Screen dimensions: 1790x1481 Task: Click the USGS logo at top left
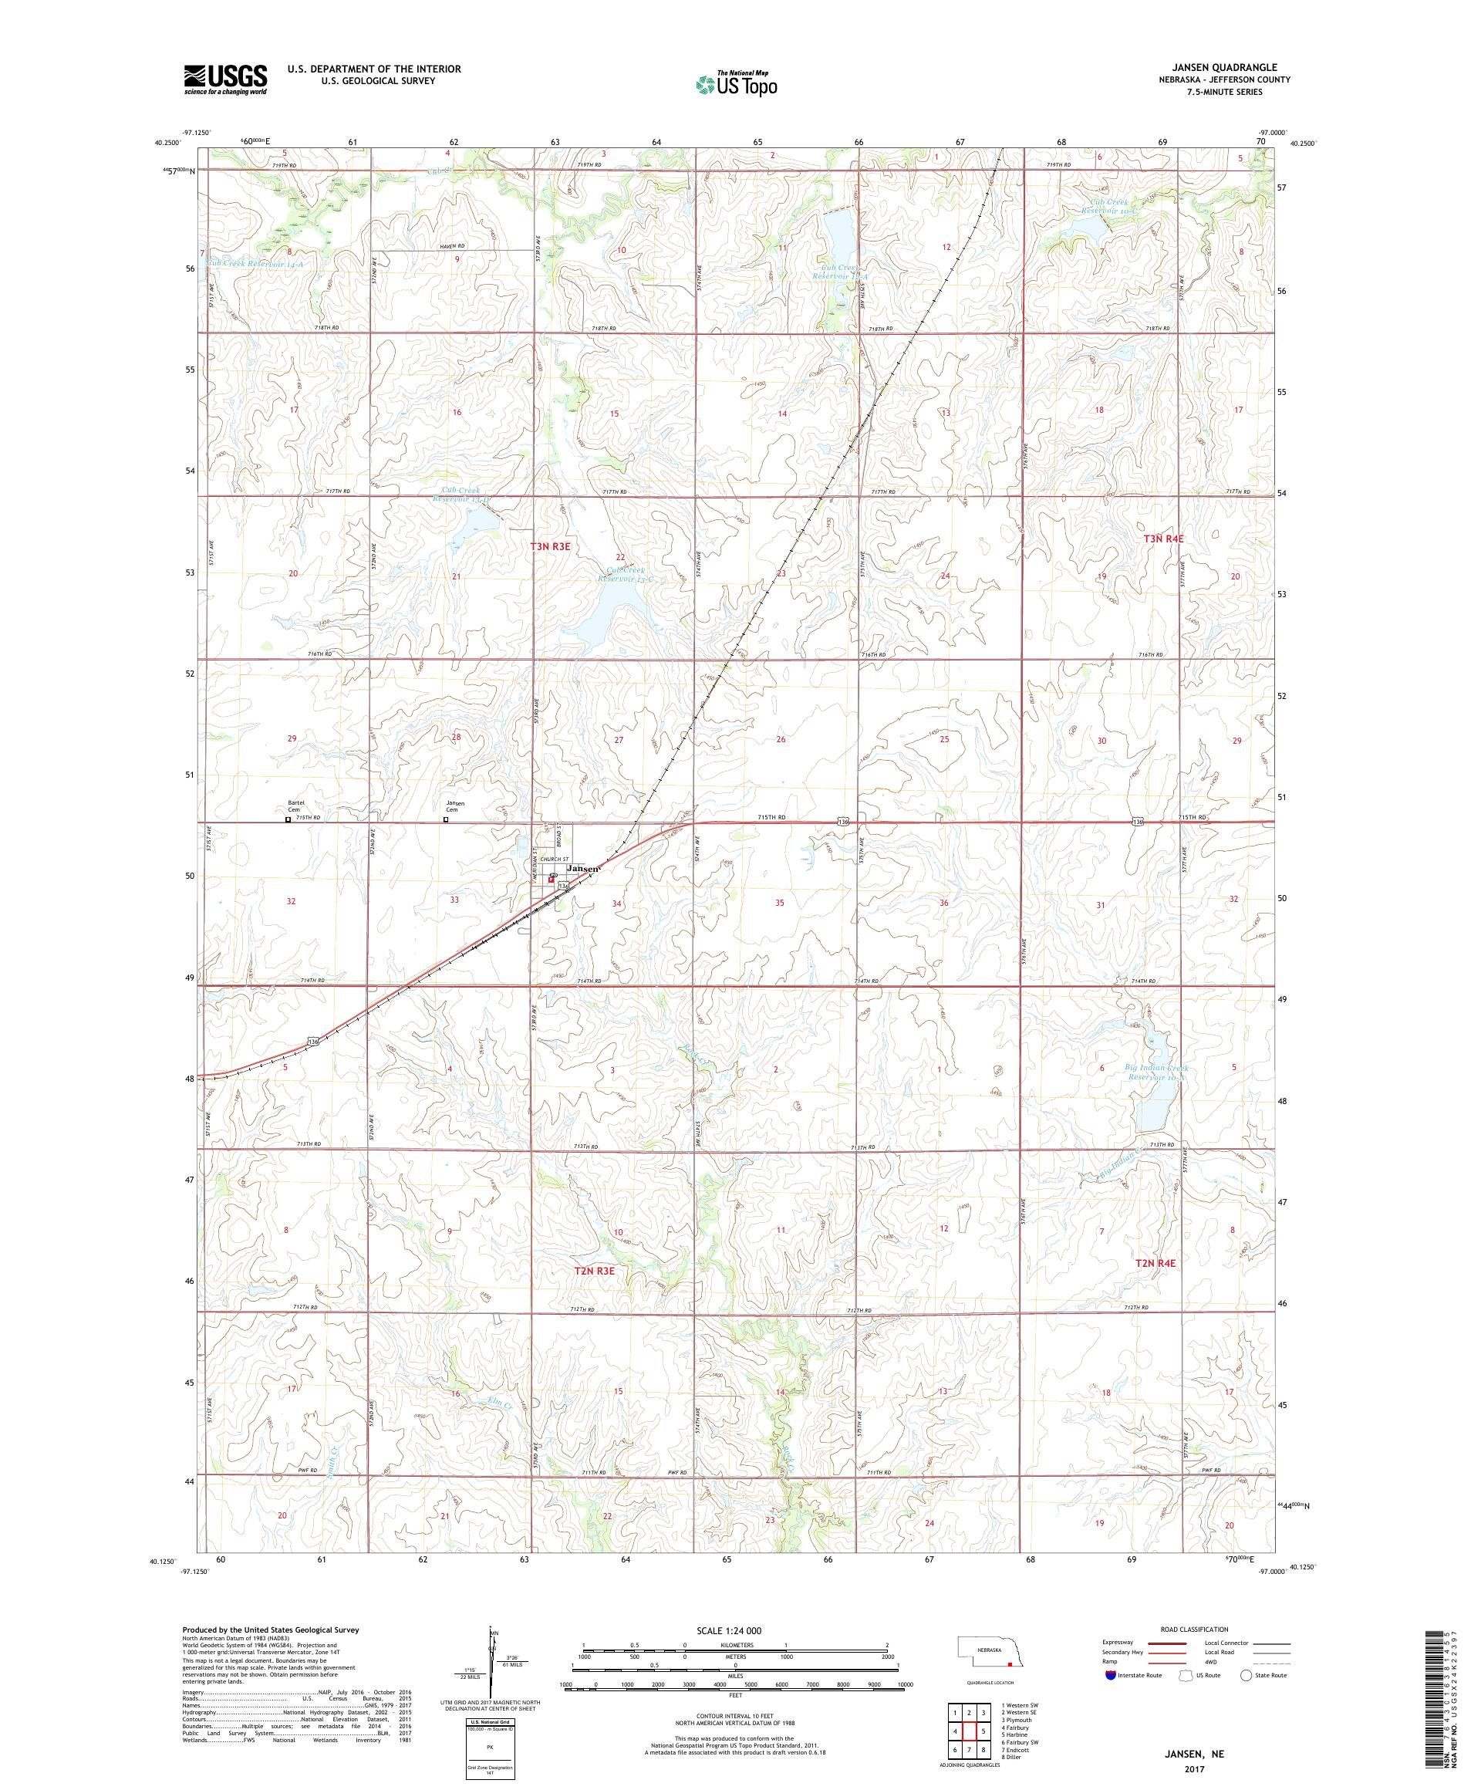click(x=226, y=79)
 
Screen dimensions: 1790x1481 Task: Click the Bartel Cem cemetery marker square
click(x=288, y=819)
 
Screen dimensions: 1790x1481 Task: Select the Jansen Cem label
click(x=455, y=806)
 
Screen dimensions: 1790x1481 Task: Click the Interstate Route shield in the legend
click(x=1110, y=1676)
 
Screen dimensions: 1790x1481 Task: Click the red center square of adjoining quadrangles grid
click(x=970, y=1726)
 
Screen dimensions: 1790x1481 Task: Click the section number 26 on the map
click(x=781, y=739)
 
